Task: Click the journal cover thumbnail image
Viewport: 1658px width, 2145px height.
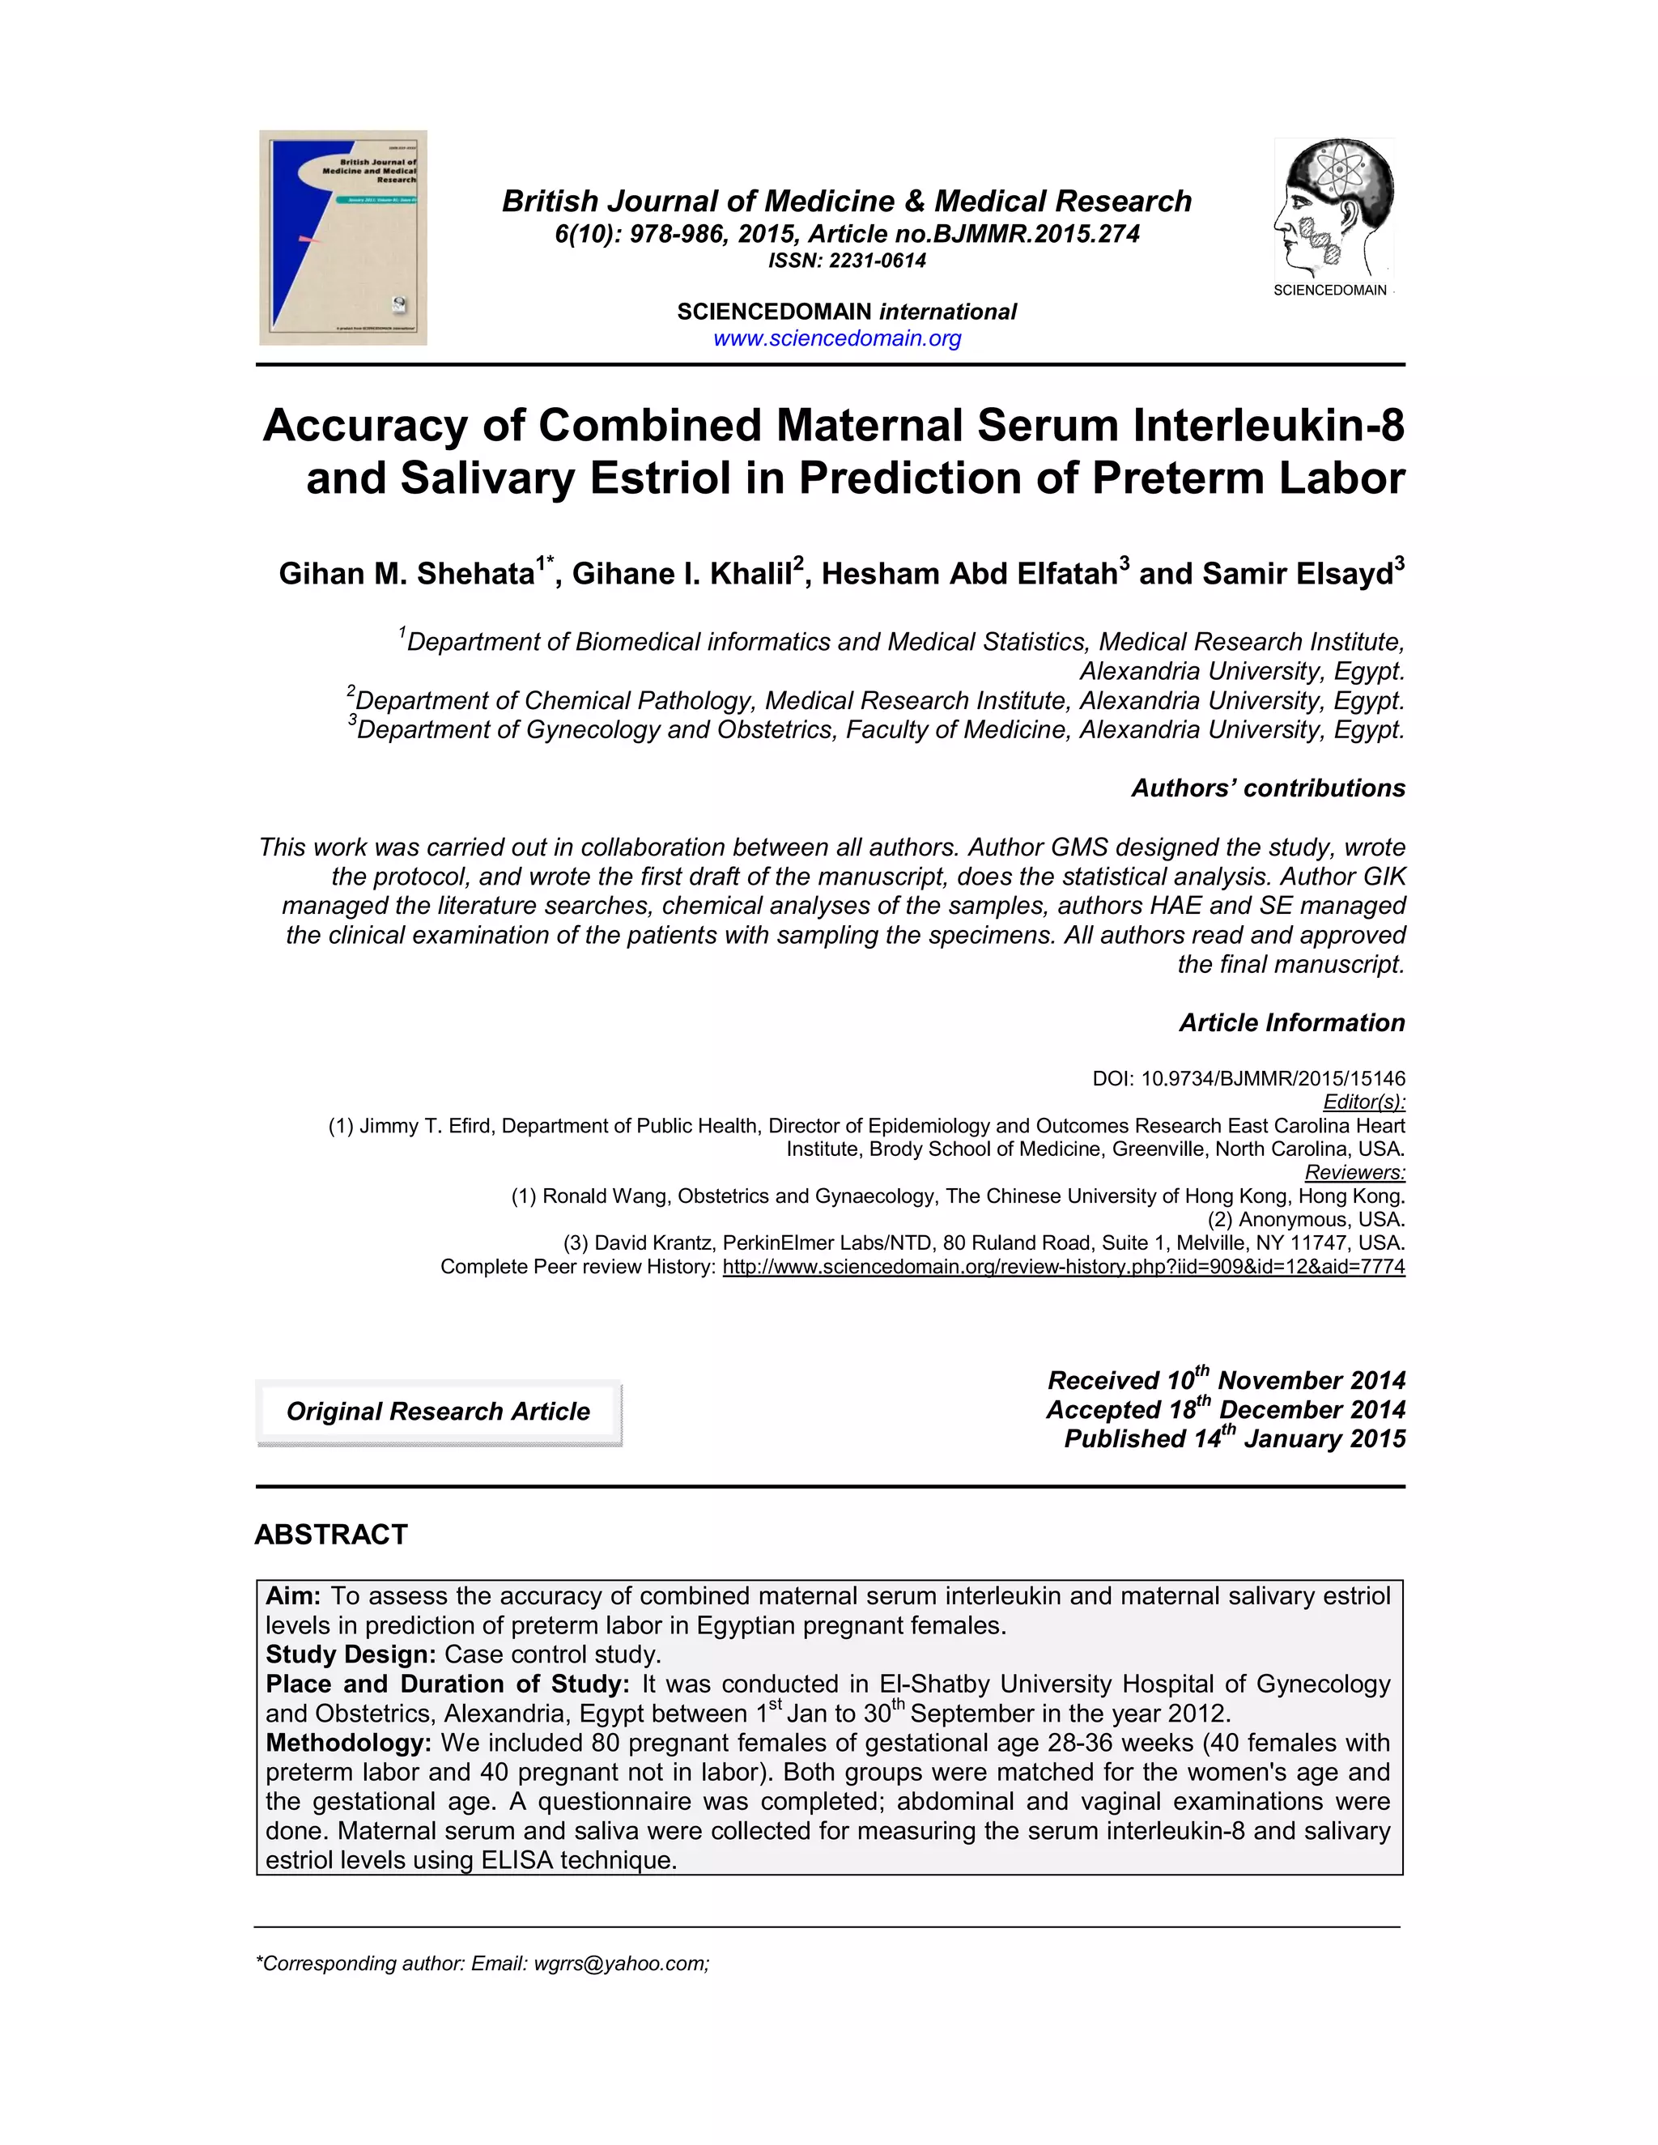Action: tap(342, 238)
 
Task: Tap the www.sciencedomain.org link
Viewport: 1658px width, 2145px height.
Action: tap(837, 339)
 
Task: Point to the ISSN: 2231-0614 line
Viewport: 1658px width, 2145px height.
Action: tap(847, 261)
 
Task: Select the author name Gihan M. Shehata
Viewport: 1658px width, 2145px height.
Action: tap(406, 574)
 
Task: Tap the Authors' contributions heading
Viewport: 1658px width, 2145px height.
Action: tap(1267, 788)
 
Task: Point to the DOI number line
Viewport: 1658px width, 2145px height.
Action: tap(1248, 1078)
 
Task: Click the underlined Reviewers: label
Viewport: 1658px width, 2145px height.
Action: tap(1354, 1173)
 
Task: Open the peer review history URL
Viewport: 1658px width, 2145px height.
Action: tap(1063, 1267)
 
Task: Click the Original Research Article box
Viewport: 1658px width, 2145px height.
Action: tap(438, 1412)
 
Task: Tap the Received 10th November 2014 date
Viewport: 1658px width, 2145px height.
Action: tap(1226, 1380)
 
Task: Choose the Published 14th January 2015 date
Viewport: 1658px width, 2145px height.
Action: tap(1235, 1439)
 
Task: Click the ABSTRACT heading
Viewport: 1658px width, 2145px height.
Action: tap(331, 1535)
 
